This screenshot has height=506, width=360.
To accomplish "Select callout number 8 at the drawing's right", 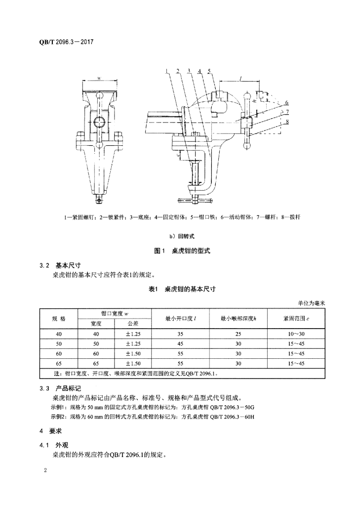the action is coord(286,121).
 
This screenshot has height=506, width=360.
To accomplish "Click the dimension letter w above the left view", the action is coord(99,78).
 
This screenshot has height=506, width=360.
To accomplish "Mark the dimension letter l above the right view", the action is coord(239,78).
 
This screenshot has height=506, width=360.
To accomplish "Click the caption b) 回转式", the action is coord(180,236).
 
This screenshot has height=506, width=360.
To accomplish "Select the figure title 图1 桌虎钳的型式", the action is coord(180,251).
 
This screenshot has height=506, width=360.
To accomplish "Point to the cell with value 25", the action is coord(239,334).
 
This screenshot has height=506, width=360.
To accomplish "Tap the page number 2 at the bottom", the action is coord(45,469).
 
